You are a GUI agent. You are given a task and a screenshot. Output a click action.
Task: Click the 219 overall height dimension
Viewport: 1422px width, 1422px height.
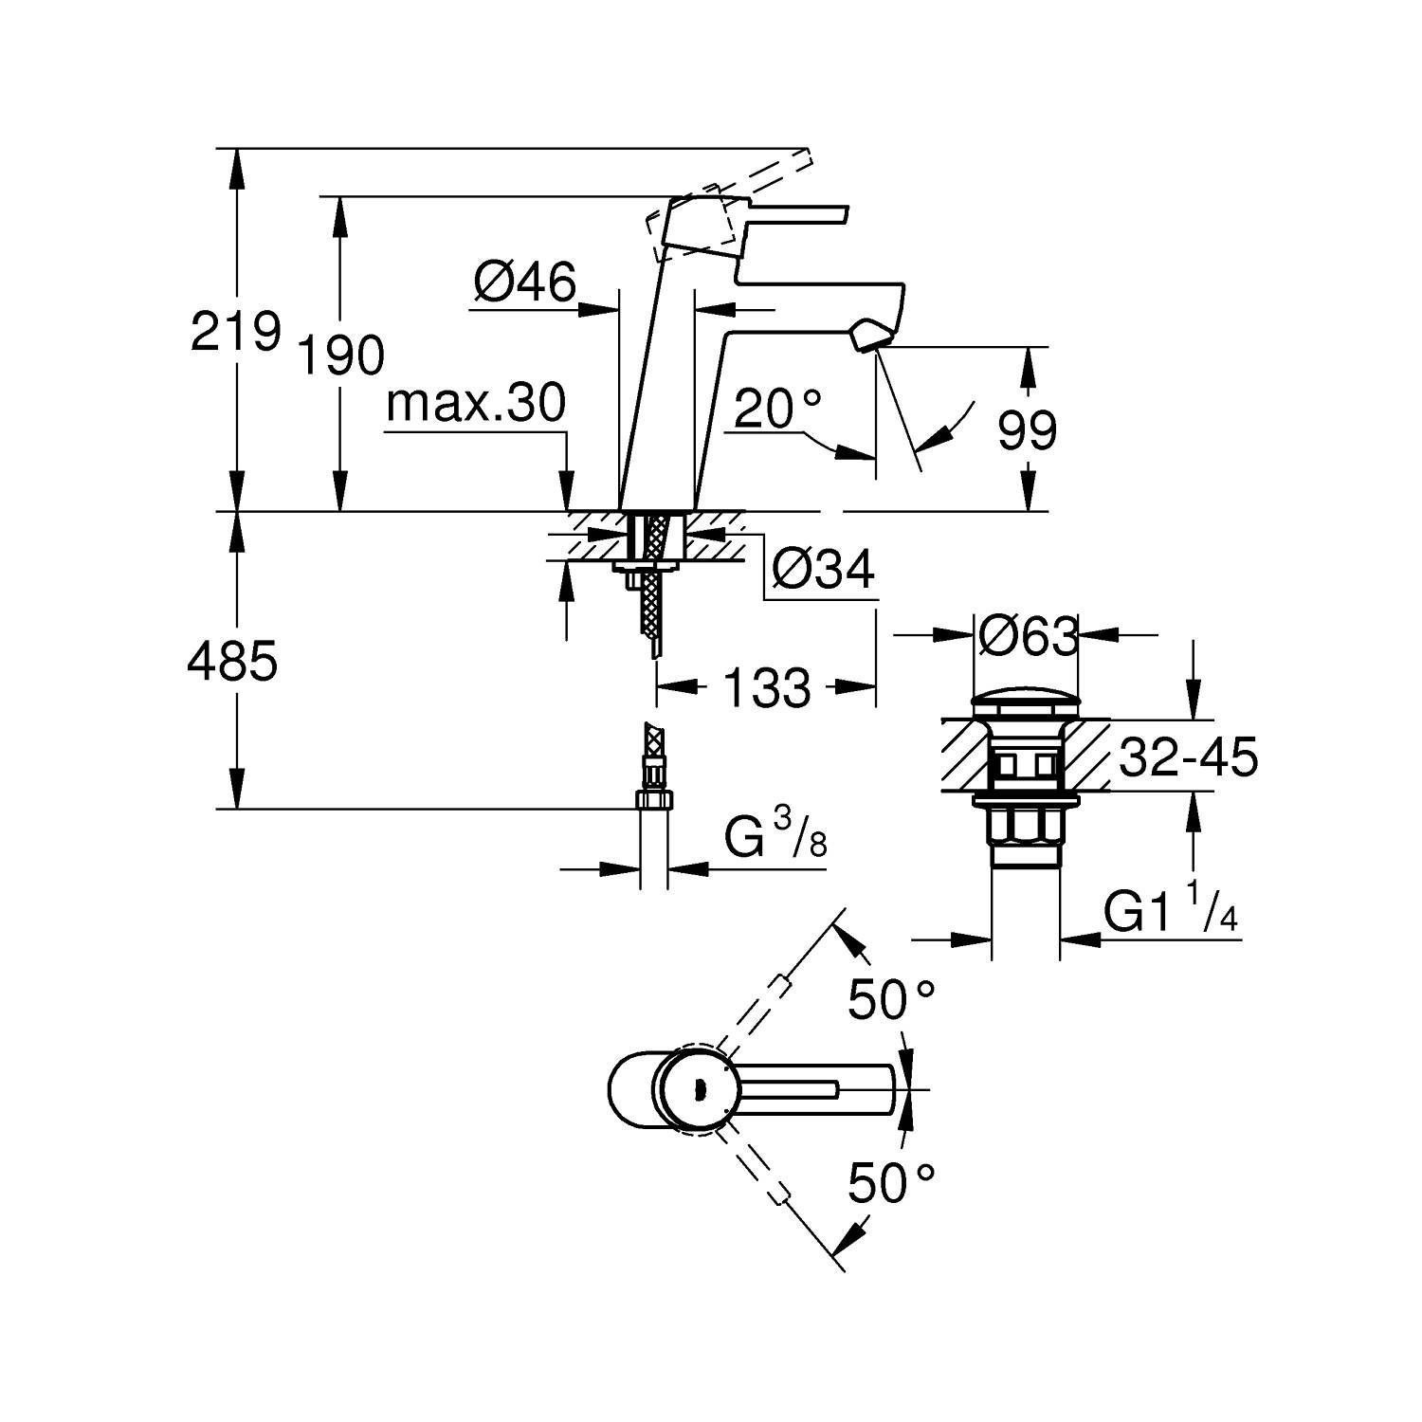coord(236,331)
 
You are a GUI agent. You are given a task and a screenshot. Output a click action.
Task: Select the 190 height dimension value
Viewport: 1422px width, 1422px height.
coord(341,355)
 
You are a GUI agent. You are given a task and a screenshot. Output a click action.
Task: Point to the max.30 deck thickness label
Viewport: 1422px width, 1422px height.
coord(476,404)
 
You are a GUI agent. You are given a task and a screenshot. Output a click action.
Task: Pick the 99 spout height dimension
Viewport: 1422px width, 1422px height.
coord(1027,432)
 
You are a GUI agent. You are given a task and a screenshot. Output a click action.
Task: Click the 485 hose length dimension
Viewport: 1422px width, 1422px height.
coord(232,661)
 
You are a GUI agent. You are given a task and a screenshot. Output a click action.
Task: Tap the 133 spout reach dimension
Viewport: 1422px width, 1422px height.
coord(768,687)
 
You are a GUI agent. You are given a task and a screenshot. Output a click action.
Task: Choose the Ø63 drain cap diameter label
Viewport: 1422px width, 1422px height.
coord(1028,636)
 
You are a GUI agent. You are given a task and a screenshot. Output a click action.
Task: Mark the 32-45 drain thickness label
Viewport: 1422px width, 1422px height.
coord(1188,757)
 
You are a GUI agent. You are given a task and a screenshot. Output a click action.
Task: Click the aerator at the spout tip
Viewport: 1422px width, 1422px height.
coord(869,337)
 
